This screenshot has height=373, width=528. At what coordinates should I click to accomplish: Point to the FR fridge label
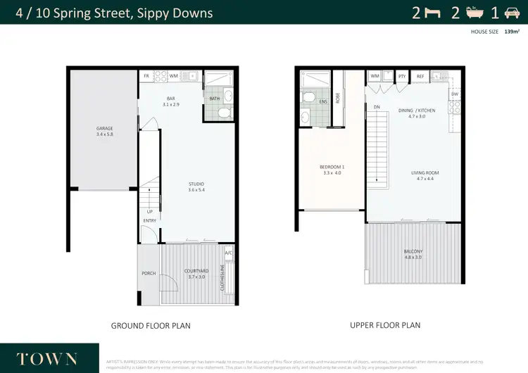[x=146, y=76]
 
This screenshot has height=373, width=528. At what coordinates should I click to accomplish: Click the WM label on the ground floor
[x=172, y=76]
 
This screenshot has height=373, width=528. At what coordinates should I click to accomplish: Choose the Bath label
[x=214, y=99]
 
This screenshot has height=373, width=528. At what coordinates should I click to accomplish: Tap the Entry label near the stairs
[x=149, y=221]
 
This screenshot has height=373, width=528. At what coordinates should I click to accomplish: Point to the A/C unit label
[x=228, y=253]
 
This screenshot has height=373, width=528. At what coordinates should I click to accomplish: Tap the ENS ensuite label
[x=323, y=101]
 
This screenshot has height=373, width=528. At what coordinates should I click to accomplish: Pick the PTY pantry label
[x=401, y=76]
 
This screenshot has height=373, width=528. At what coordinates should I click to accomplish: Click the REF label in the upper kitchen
[x=420, y=76]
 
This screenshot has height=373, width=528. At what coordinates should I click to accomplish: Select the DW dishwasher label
[x=455, y=94]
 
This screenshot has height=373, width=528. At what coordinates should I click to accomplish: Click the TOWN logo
[x=46, y=358]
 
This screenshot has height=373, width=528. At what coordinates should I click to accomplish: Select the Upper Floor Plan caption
[x=385, y=325]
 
